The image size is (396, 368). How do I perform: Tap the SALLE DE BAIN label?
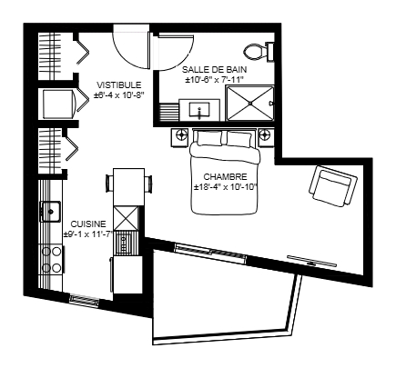coord(214,70)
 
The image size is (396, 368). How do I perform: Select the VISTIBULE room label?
coord(119,85)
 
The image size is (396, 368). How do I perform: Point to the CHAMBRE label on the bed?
coord(225,176)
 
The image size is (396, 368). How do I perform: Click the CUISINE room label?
coord(88,224)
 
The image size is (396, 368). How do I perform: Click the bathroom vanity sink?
coord(199,110)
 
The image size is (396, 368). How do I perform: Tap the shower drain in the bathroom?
coord(250,104)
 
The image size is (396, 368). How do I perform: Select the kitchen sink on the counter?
coord(50,212)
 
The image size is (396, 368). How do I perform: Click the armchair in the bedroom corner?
coord(333,186)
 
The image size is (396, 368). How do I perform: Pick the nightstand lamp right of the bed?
coord(265,134)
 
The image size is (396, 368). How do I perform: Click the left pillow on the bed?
coord(209,137)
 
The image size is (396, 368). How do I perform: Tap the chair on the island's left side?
coord(109,183)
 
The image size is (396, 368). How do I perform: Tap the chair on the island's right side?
coord(148,184)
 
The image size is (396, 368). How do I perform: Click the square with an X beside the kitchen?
coord(127,218)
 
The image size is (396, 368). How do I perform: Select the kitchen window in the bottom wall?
coord(84,300)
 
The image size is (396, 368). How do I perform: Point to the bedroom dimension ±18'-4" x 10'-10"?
coord(226,187)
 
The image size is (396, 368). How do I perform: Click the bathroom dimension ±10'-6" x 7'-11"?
coord(215,79)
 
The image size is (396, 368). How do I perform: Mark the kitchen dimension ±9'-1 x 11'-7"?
coord(88,234)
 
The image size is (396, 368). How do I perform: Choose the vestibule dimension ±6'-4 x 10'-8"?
coord(118,94)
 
